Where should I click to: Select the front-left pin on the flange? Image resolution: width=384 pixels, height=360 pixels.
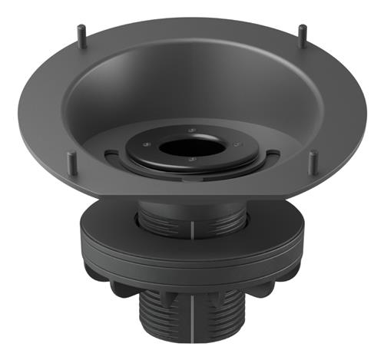(71, 162)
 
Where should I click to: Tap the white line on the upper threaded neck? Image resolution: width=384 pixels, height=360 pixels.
(189, 228)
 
